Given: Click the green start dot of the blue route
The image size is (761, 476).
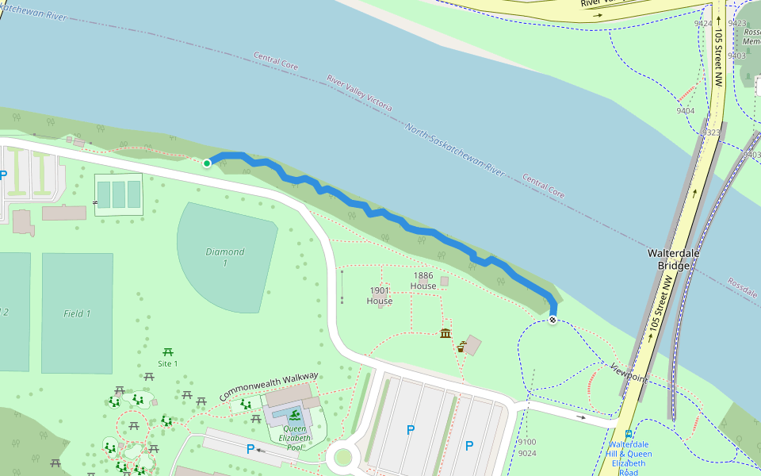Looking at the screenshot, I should coord(207,163).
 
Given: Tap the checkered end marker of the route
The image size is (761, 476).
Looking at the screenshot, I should coord(553,320).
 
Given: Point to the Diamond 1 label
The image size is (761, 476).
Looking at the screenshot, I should coord(225,257).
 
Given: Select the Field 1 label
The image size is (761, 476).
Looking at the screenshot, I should coord(77,313).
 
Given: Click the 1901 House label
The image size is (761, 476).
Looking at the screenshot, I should coord(380,296).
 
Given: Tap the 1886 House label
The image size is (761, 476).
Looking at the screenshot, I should coord(423,281).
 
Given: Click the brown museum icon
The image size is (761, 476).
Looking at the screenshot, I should coord(446,332).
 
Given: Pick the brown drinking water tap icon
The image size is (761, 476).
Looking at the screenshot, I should coord(461,347).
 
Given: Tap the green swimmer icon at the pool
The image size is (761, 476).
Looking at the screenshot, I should coord(295,416).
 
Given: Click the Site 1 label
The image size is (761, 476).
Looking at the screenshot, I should coord(167,363).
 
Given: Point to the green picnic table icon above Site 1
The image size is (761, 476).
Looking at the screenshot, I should coord(167,351).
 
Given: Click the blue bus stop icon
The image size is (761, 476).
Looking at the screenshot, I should coord(628,434).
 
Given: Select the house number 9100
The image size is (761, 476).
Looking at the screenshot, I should coord(527,442).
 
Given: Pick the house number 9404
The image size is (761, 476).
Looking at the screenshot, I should coord(685,111).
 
